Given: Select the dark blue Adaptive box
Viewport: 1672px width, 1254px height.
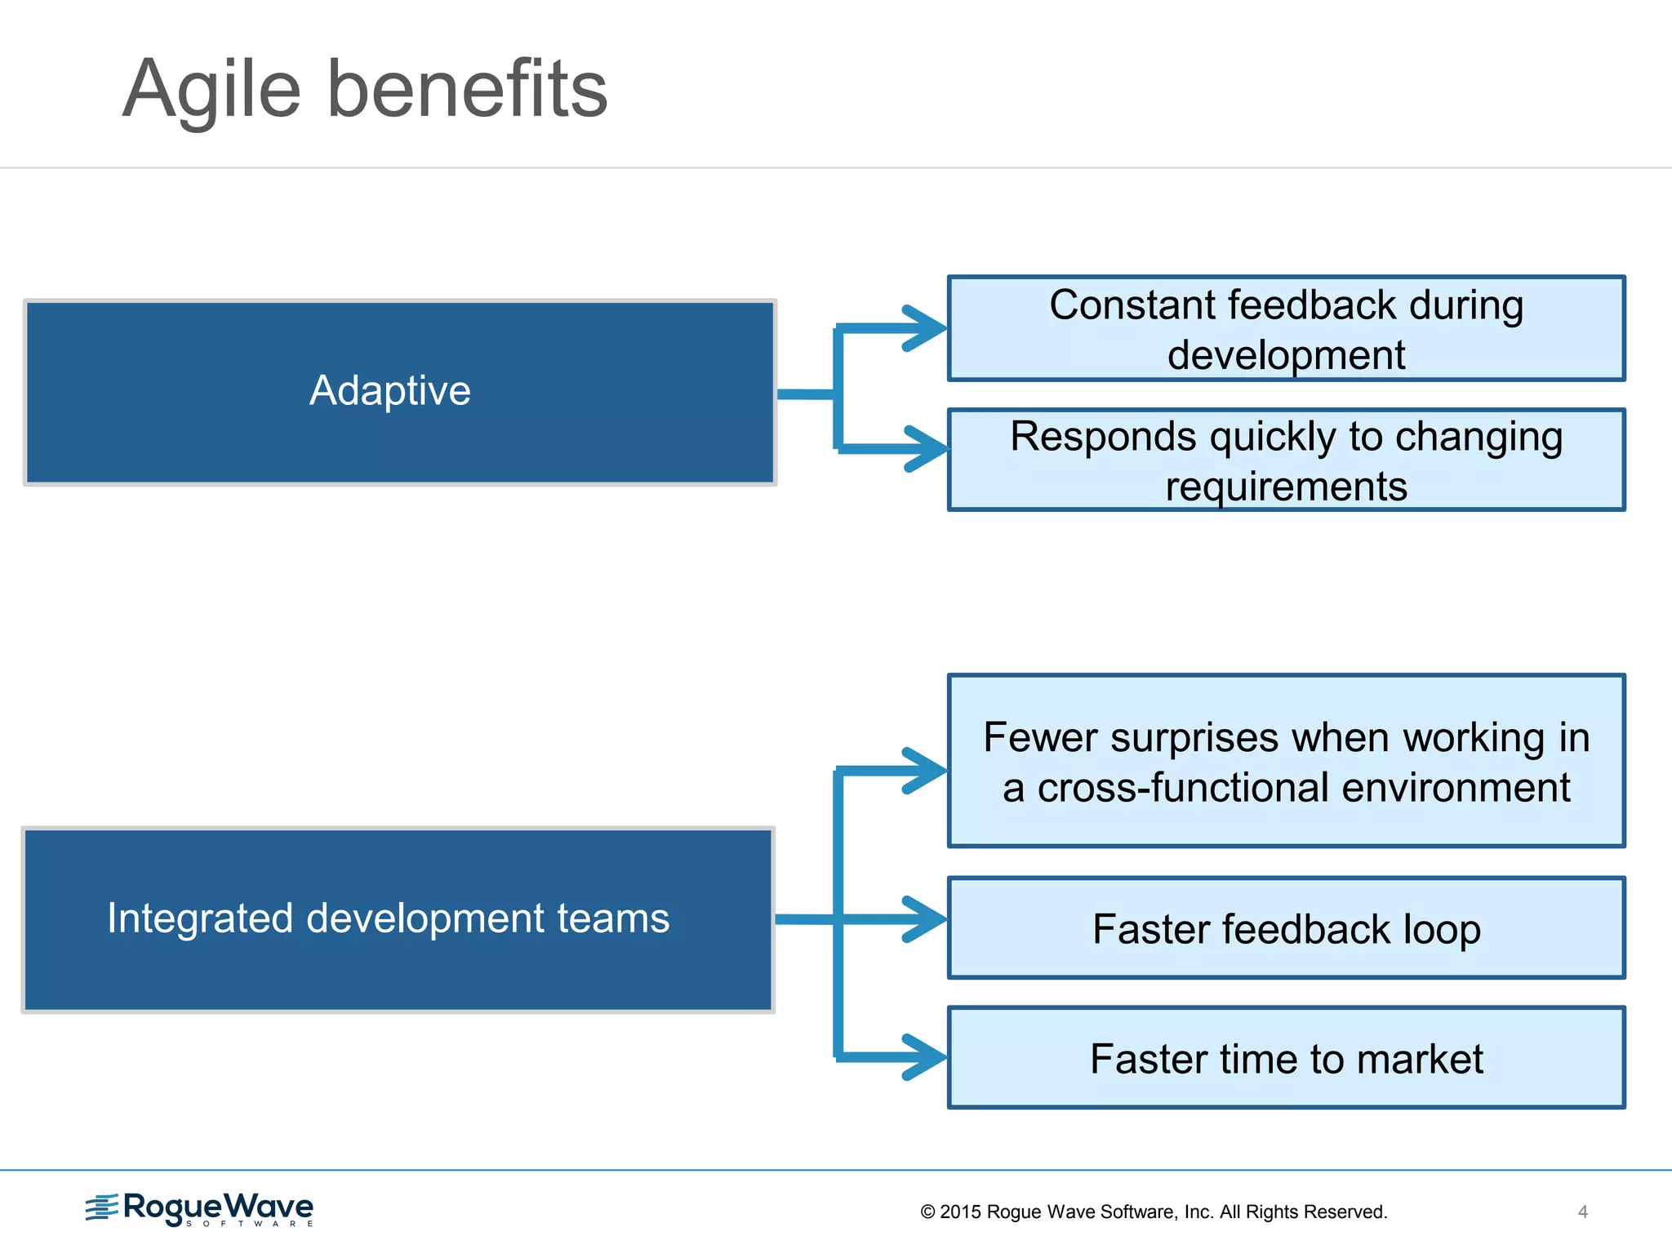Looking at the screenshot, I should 399,392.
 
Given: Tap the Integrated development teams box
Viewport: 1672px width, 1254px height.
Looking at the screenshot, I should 398,920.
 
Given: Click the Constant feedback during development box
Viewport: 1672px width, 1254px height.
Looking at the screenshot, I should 1286,328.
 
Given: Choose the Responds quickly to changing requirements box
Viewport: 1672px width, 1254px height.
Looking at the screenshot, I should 1286,460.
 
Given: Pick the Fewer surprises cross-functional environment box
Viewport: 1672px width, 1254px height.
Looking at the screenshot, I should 1286,761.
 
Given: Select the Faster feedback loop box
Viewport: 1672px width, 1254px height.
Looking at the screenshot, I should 1286,928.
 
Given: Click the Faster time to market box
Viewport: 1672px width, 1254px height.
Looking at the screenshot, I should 1286,1058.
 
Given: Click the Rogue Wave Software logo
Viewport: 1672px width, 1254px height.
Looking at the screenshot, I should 200,1208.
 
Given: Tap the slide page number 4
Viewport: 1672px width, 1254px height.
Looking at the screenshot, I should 1582,1212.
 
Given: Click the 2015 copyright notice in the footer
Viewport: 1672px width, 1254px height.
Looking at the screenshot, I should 1154,1212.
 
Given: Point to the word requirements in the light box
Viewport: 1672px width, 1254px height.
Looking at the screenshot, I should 1286,487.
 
